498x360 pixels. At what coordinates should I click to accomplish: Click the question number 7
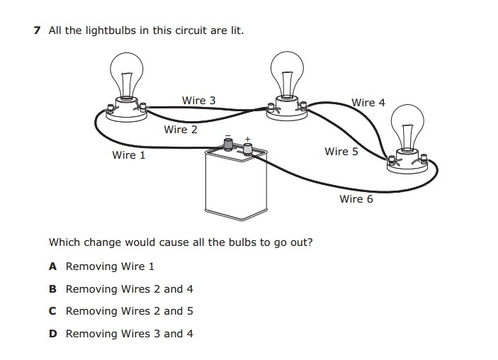tap(37, 30)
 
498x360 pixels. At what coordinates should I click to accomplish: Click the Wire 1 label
tap(128, 155)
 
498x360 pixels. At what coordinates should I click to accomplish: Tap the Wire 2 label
tap(180, 130)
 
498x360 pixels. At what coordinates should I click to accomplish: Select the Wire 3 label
tap(198, 101)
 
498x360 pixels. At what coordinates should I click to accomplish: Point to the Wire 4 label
tap(368, 103)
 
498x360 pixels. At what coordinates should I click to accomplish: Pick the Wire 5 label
tap(341, 152)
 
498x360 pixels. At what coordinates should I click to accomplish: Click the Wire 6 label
tap(356, 199)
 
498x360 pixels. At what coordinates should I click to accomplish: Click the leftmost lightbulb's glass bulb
tap(127, 71)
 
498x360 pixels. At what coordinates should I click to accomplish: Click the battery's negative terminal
tap(229, 145)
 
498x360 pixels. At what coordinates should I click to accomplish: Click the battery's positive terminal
tap(248, 148)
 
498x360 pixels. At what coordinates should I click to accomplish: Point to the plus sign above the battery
tap(247, 139)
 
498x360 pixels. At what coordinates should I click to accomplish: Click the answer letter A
tap(52, 266)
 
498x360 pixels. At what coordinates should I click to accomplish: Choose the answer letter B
tap(52, 289)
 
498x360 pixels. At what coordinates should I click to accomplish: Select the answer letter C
tap(52, 311)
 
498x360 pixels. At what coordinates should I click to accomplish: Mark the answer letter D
tap(52, 334)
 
